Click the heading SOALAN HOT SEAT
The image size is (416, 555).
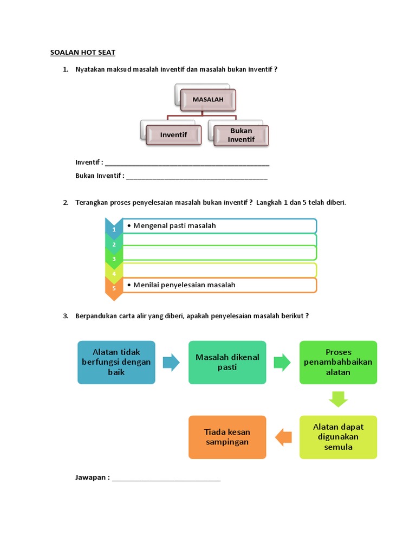[x=83, y=53]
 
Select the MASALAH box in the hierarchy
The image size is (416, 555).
[x=208, y=100]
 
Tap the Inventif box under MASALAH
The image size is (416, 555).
[x=173, y=135]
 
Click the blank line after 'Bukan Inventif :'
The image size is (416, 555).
[x=197, y=177]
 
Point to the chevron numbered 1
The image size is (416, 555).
[x=114, y=228]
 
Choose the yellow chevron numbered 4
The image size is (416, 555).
[x=114, y=273]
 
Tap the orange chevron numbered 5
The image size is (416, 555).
[x=114, y=287]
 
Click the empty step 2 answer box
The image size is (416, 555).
[x=219, y=240]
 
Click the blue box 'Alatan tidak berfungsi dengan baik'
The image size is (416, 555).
[x=116, y=363]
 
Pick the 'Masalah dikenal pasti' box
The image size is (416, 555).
[x=227, y=363]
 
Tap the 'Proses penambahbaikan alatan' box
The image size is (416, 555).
[x=338, y=363]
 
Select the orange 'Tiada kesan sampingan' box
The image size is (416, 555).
[x=227, y=437]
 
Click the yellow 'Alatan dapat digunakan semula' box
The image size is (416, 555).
[x=338, y=437]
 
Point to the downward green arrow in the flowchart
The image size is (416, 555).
[x=338, y=400]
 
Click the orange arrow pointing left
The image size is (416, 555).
[x=284, y=437]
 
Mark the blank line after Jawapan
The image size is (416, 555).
[x=166, y=480]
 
